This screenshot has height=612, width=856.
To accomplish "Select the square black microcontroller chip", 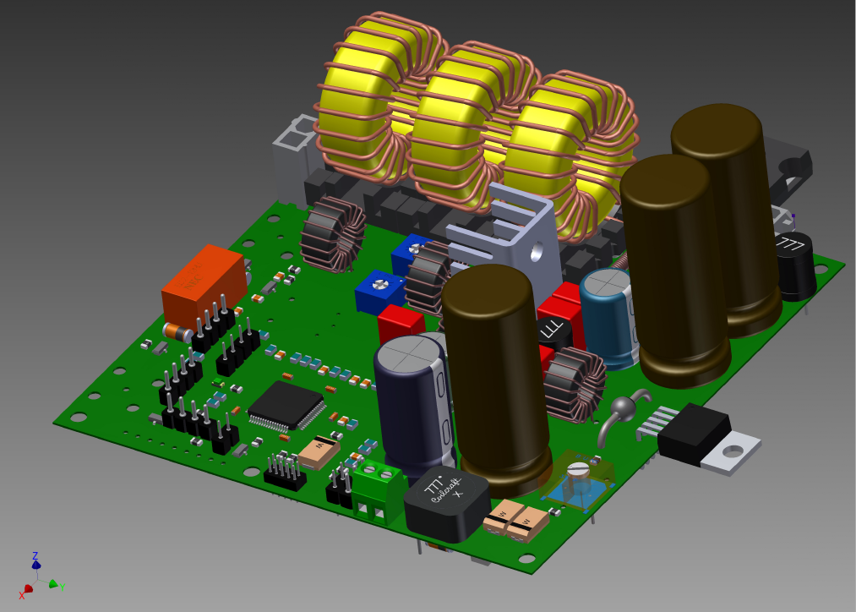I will [x=286, y=406].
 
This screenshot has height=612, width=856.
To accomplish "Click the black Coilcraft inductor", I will [x=446, y=503].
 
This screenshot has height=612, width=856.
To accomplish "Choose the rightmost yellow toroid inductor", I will [x=562, y=148].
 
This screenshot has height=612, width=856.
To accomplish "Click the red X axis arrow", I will [x=25, y=588].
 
